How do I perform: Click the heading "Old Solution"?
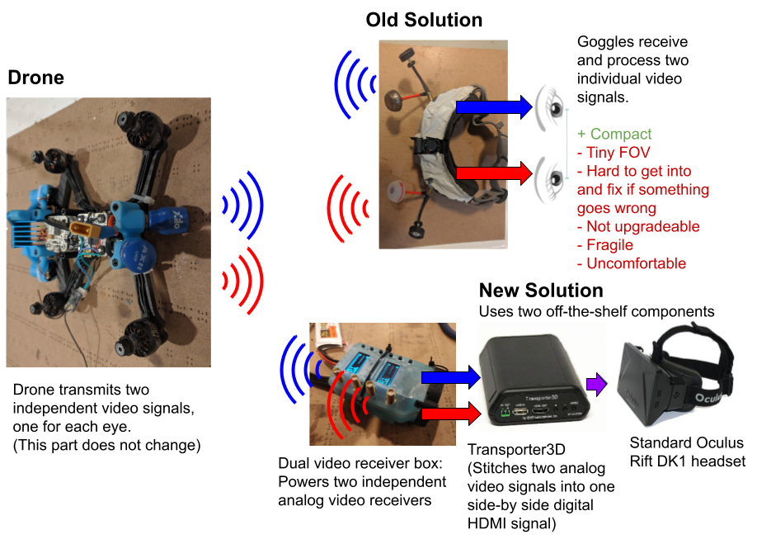coord(424,20)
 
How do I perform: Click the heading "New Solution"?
coord(541,291)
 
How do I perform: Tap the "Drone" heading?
coord(35,78)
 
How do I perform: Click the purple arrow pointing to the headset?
coord(595,384)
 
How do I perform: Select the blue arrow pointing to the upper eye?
coord(494,106)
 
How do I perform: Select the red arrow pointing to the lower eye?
coord(494,173)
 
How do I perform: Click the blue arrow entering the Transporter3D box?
coord(450,378)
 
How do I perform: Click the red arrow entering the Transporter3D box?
coord(450,411)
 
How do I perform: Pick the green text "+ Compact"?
coord(614,134)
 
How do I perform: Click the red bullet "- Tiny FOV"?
coord(614,153)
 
